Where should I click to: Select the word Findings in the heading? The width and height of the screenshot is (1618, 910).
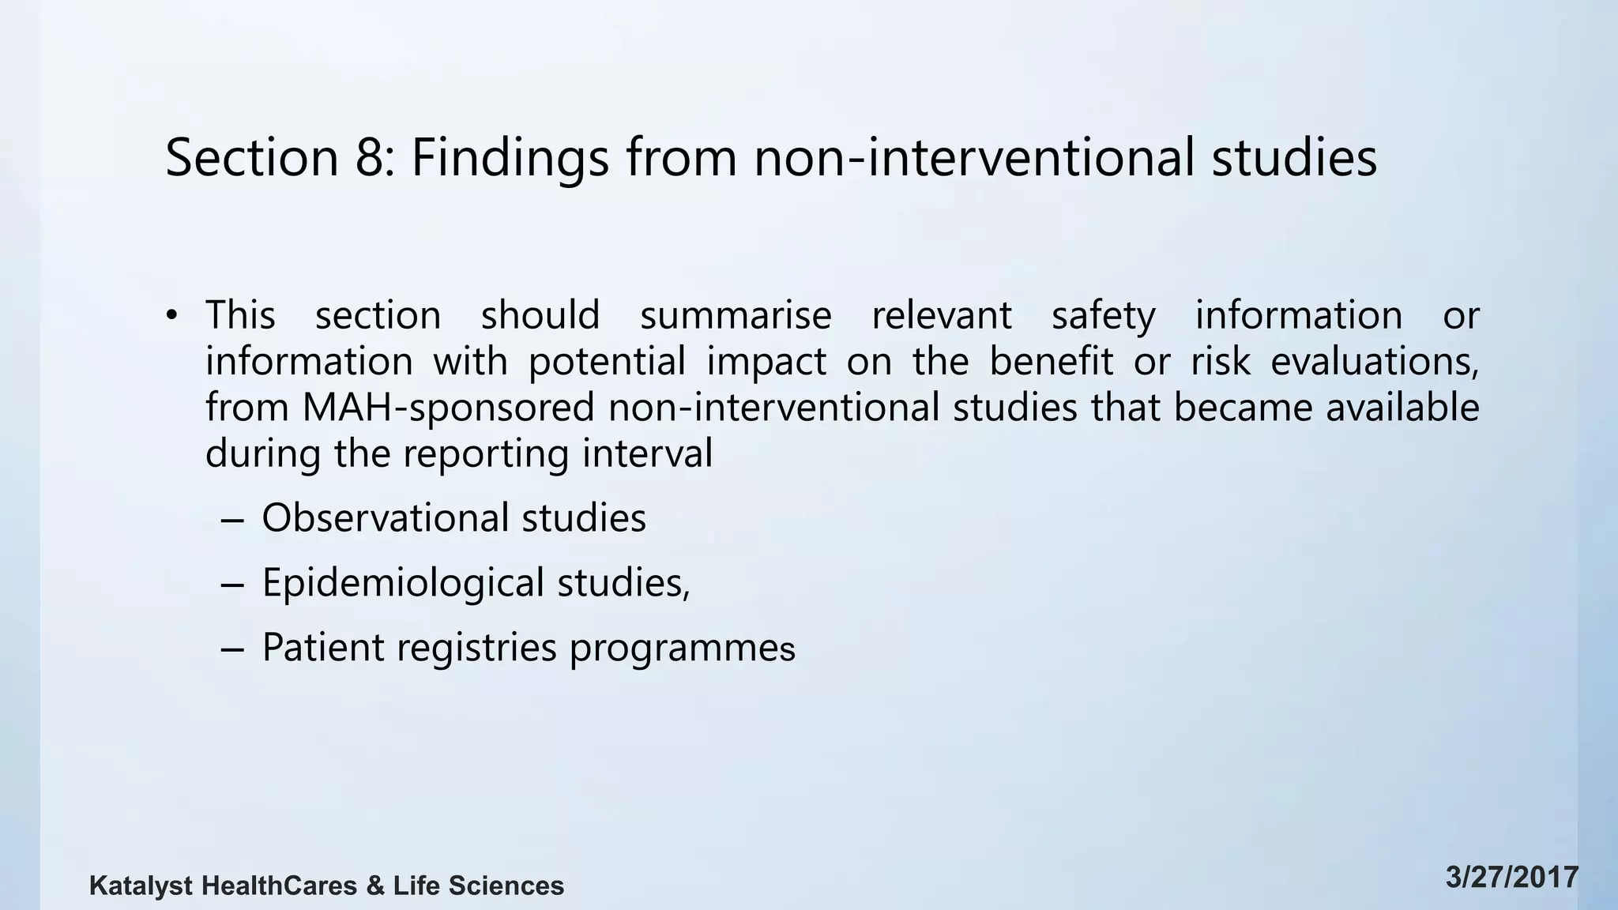[510, 157]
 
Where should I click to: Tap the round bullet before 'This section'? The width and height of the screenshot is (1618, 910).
[171, 317]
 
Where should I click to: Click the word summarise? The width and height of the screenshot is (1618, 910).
[736, 315]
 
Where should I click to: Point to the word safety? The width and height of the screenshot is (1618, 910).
[1103, 315]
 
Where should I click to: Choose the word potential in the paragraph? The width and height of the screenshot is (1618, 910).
[607, 362]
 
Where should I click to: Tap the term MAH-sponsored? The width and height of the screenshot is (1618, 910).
[448, 408]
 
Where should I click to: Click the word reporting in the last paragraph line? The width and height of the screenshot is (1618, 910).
[485, 454]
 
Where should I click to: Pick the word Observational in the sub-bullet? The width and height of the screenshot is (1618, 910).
[386, 518]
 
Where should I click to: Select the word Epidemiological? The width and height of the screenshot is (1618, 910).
[403, 583]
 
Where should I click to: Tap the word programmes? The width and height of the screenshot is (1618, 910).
[682, 649]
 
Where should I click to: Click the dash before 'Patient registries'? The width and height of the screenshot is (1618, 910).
[233, 649]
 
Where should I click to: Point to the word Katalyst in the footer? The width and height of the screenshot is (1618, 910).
[141, 886]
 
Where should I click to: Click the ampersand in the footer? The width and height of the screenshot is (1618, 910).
[375, 886]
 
